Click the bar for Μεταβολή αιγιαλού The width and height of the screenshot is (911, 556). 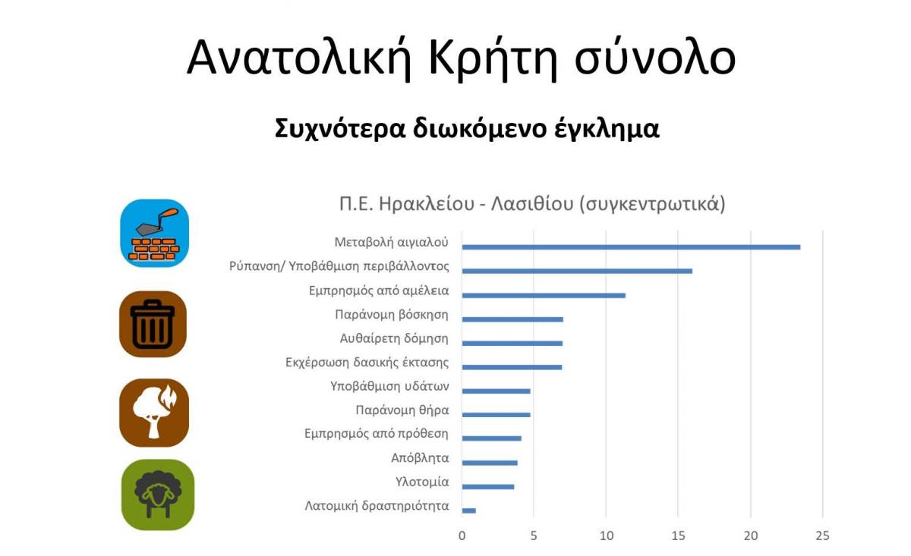pos(631,247)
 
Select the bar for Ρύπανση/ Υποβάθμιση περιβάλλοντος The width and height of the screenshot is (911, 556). pos(577,271)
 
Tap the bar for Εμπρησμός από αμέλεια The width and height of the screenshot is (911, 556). pos(544,295)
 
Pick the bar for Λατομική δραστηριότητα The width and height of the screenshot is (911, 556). pos(469,510)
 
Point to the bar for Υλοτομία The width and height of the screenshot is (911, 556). pos(488,486)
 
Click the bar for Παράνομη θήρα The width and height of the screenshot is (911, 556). pos(496,415)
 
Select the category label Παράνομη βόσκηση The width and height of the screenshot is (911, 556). pos(392,315)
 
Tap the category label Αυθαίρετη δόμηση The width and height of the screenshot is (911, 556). pos(394,338)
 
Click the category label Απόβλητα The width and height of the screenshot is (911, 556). pos(420,458)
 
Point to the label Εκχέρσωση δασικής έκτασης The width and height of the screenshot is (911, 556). pos(367,362)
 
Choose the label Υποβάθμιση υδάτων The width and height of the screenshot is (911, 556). pos(389,386)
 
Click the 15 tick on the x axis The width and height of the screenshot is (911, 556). pos(678,536)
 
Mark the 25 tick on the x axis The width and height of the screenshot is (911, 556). pos(822,536)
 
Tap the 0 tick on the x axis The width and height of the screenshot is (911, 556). pos(462,536)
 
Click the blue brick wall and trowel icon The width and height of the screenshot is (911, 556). pos(155,234)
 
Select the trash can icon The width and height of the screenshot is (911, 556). pos(153,324)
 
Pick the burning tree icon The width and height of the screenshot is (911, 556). pos(154,413)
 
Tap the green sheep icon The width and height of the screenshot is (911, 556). pos(158,495)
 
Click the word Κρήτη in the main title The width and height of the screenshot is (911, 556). pos(493,58)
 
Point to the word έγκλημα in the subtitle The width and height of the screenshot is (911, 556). pos(607,129)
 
